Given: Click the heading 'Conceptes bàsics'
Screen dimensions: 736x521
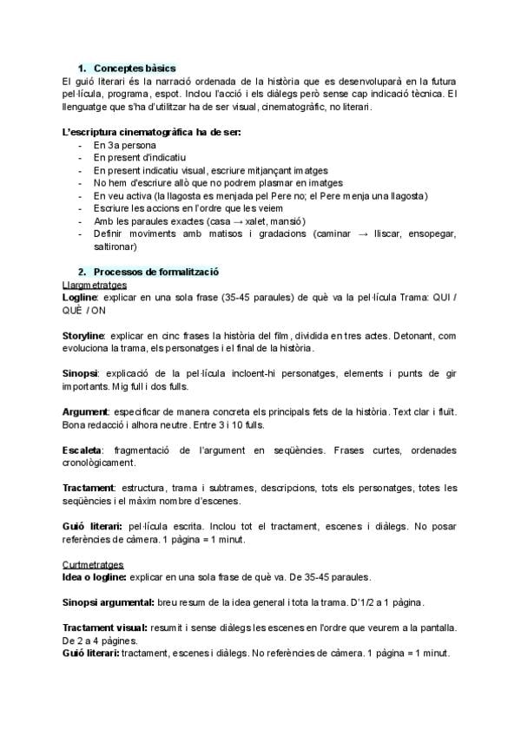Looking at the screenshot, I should pos(135,68).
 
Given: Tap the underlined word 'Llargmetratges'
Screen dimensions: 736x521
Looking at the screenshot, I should pos(95,284).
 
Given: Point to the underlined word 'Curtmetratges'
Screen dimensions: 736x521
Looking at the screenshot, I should pos(94,564).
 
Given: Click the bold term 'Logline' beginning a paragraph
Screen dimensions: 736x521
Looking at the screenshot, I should pos(80,297).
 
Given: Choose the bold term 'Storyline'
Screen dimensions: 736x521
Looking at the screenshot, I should pos(84,335).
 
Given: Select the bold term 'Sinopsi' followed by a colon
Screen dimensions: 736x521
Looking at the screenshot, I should pos(81,373).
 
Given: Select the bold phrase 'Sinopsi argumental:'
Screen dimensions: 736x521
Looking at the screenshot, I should pos(109,602).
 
